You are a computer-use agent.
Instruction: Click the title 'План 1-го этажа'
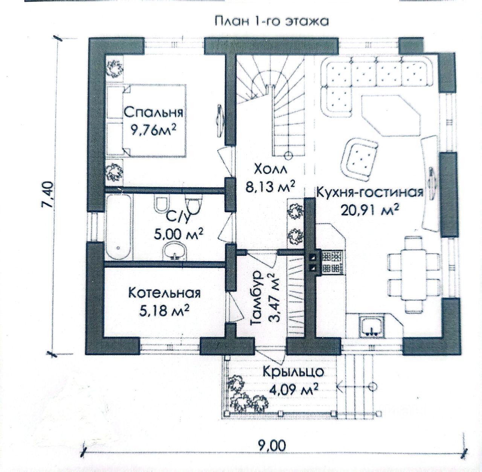(x=271, y=21)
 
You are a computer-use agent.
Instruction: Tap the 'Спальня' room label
(x=154, y=112)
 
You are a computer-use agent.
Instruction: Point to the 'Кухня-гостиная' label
(x=370, y=192)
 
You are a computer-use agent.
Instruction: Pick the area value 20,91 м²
(x=370, y=210)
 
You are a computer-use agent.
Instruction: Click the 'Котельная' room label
(x=165, y=292)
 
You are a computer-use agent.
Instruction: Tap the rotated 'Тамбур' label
(x=256, y=298)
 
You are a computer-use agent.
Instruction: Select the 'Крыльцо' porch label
(x=293, y=372)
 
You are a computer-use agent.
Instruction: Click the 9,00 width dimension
(x=272, y=445)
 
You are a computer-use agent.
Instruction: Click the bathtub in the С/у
(x=119, y=227)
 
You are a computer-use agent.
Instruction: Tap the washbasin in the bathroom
(x=175, y=250)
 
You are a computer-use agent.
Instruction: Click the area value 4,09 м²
(x=293, y=389)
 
